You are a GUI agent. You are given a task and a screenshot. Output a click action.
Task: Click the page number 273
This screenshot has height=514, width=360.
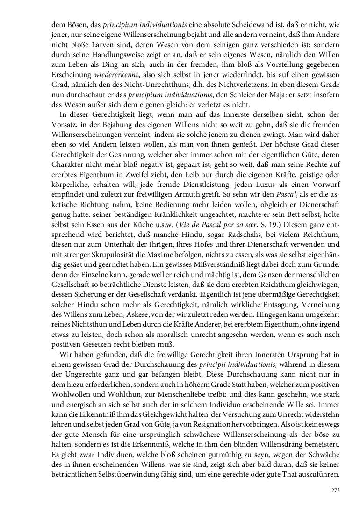tap(335, 490)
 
